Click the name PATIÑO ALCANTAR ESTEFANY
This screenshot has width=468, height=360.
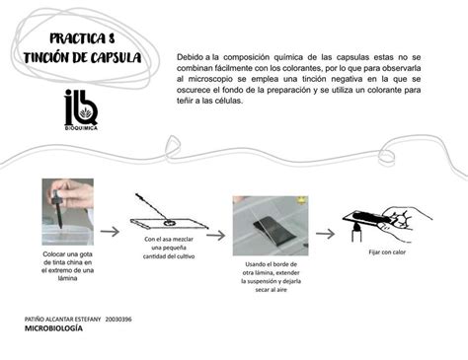(61, 321)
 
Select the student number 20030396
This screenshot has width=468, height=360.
(118, 321)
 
